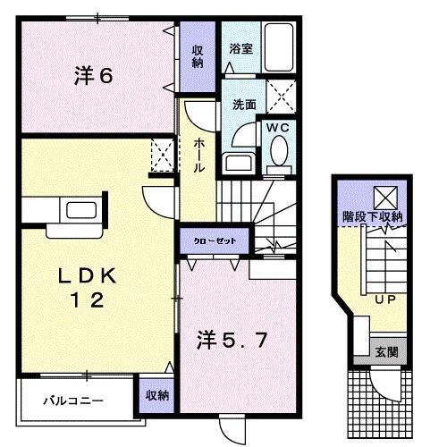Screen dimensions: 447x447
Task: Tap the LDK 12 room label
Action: coord(86,288)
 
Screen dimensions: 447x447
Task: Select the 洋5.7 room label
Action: coord(231,340)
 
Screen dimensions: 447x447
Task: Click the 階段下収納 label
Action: coord(373,217)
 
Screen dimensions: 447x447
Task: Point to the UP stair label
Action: coord(385,300)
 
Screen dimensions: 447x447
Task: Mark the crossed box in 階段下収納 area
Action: coord(385,196)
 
